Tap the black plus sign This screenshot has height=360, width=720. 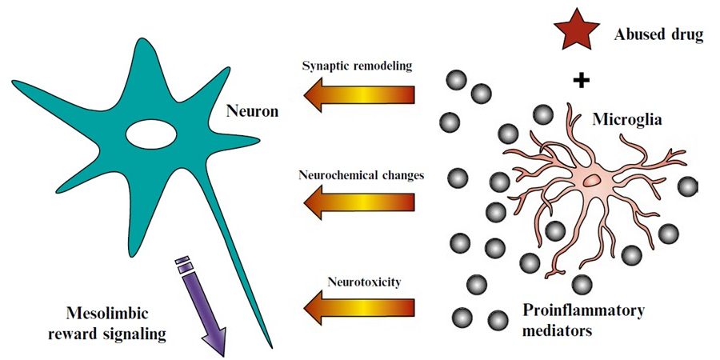tap(582, 80)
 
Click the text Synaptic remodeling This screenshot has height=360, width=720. tap(357, 66)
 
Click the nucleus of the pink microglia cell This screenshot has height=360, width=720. tap(592, 181)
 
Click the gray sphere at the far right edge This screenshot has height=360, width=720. tap(687, 187)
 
